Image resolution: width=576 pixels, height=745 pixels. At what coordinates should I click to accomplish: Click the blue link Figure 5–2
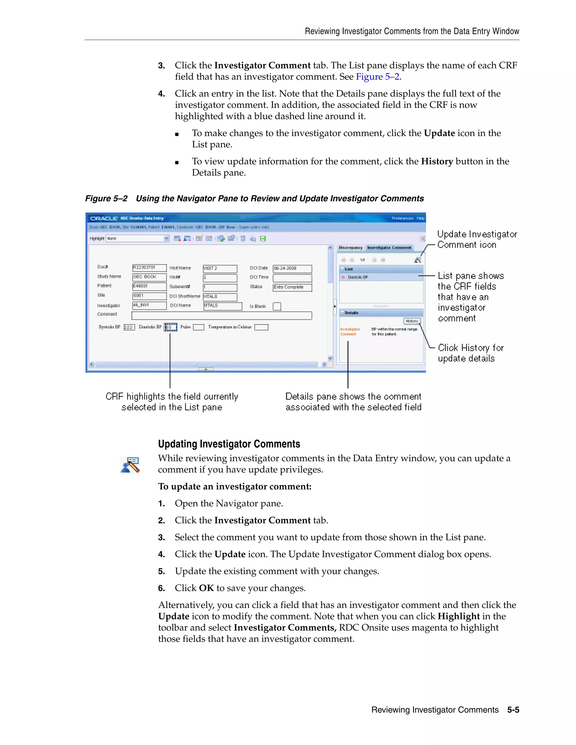[377, 77]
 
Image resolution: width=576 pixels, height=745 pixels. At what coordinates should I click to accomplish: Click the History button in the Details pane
[412, 321]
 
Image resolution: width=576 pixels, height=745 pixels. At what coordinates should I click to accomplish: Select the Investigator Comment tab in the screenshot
[389, 248]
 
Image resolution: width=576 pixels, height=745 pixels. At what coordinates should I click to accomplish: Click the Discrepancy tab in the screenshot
[350, 248]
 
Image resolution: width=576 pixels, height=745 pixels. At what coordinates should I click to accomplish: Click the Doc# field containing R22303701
[149, 268]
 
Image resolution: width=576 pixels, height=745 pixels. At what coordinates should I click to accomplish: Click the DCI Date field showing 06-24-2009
[292, 268]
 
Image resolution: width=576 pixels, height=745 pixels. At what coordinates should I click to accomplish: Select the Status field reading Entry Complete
[292, 287]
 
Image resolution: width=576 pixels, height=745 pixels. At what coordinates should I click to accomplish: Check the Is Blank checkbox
[277, 306]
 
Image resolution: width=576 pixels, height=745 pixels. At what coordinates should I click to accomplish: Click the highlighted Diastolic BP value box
[171, 327]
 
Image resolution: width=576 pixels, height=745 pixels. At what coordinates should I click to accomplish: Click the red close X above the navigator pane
[422, 238]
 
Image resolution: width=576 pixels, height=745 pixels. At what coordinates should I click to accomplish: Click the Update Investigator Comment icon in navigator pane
[417, 260]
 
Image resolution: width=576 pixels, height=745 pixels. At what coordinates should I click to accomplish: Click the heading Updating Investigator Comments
[229, 444]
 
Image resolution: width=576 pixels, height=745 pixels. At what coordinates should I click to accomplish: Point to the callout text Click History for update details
[470, 353]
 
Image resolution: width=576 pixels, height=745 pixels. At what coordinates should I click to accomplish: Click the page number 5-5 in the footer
[513, 710]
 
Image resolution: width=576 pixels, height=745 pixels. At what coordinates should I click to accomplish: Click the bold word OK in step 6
[206, 588]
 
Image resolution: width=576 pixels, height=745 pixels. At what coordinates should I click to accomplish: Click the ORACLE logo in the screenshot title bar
[104, 218]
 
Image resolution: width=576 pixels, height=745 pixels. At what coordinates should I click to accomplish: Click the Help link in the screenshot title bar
[420, 218]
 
